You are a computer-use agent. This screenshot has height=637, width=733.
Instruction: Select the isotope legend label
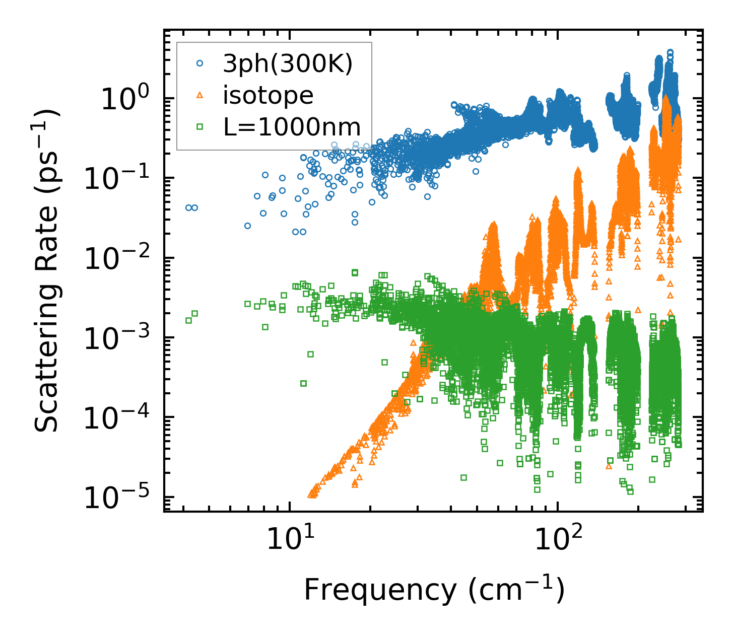tap(268, 95)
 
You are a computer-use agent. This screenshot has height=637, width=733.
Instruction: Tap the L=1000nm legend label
tap(292, 127)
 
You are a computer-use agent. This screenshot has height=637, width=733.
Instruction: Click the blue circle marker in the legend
tap(200, 64)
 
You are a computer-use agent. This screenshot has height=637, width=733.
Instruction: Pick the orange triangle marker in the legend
tap(200, 95)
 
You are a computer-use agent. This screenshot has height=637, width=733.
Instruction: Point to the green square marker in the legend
tap(200, 127)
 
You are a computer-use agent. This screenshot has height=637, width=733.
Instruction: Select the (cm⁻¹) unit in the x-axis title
tap(516, 590)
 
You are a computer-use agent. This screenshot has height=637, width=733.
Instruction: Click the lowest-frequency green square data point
tap(188, 320)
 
